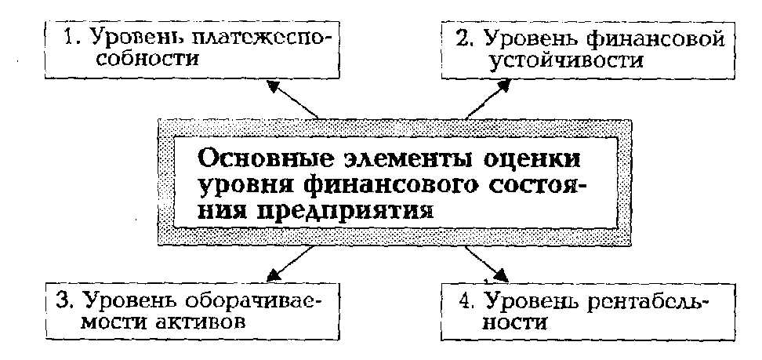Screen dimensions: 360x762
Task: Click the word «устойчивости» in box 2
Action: coord(558,60)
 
